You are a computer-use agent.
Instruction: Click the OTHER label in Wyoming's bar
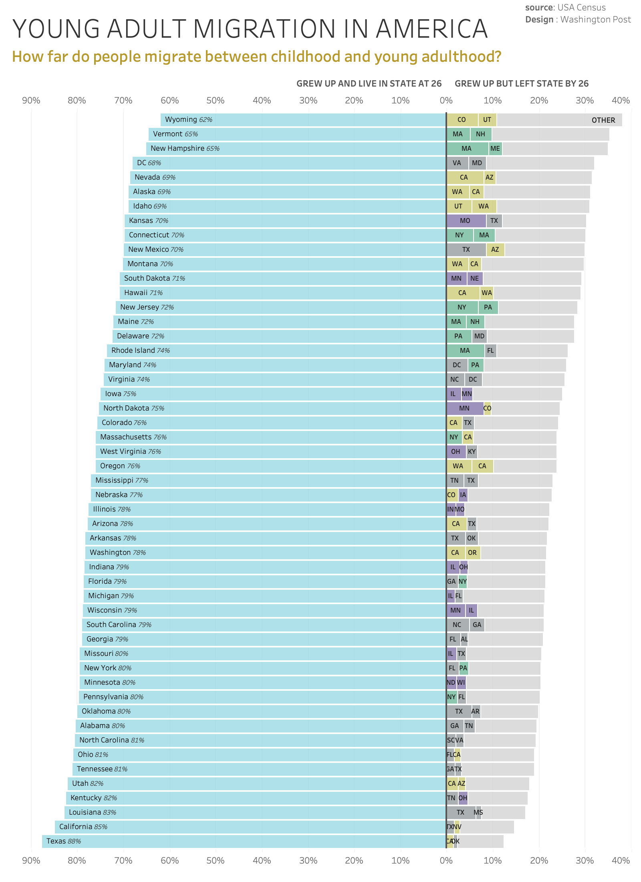click(x=603, y=120)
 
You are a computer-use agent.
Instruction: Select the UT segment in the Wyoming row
click(x=487, y=120)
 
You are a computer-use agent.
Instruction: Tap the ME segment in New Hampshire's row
click(x=495, y=149)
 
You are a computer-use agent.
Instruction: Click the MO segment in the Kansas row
click(x=465, y=221)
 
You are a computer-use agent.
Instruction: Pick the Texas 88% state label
click(x=64, y=841)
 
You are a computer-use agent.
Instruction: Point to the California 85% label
click(x=83, y=827)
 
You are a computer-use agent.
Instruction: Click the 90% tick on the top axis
click(x=31, y=101)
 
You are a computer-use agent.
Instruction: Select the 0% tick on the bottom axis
click(x=446, y=861)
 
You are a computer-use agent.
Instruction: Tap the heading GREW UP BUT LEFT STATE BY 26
click(x=522, y=84)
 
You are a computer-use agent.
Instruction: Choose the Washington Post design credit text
click(x=595, y=20)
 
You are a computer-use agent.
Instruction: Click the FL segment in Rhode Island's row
click(x=490, y=351)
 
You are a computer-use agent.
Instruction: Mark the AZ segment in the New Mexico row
click(x=495, y=250)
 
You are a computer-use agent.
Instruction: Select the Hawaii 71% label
click(x=143, y=293)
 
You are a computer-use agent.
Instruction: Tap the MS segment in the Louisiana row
click(x=478, y=813)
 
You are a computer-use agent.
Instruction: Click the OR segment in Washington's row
click(x=472, y=553)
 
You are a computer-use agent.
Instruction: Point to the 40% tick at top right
click(x=621, y=101)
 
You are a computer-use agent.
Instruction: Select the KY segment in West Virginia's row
click(x=472, y=452)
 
